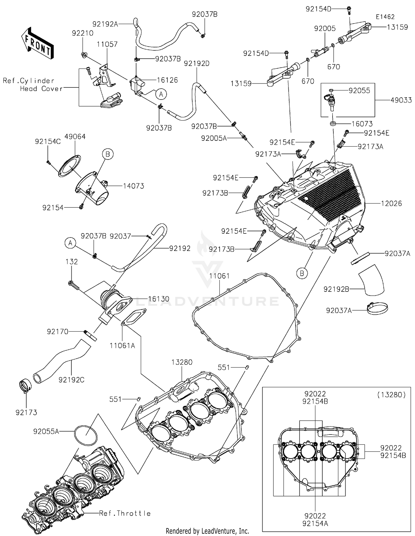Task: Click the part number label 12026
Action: (391, 204)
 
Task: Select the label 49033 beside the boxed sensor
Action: (401, 100)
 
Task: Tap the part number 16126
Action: (167, 80)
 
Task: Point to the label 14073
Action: (134, 186)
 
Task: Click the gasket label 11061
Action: (219, 276)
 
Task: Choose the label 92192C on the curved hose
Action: (71, 380)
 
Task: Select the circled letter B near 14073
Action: (108, 154)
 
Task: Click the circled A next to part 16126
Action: (161, 94)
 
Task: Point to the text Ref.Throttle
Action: (125, 513)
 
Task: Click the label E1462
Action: (385, 17)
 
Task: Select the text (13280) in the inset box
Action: (391, 395)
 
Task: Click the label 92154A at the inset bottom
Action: (315, 523)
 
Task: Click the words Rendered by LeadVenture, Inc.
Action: (207, 531)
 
